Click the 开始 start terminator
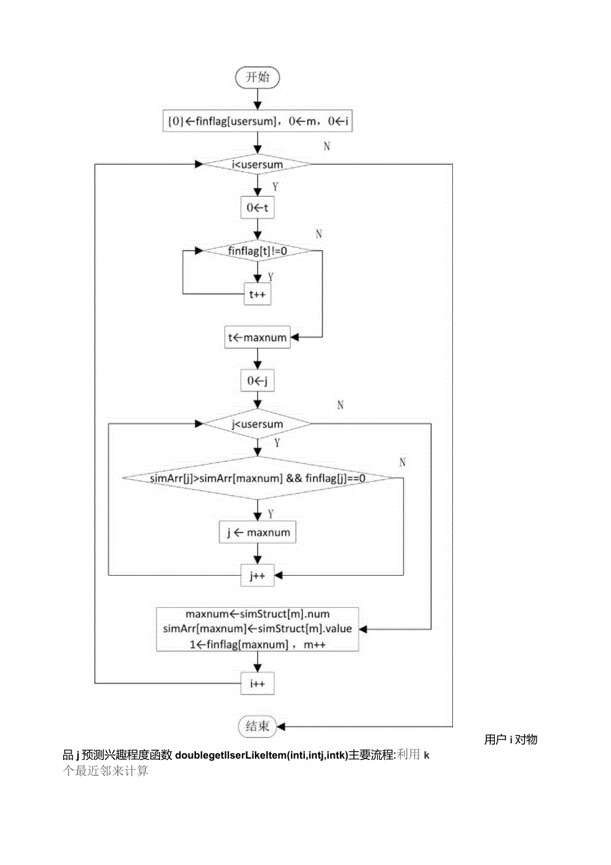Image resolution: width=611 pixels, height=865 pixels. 258,77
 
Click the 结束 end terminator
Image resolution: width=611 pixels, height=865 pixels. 258,726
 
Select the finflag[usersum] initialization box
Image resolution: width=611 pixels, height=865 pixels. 258,122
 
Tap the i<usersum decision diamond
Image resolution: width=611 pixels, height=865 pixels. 258,164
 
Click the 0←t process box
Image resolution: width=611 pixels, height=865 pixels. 258,207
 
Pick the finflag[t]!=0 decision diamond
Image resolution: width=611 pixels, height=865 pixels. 257,251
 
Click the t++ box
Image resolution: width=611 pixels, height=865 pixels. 258,294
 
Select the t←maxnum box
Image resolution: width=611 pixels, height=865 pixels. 258,337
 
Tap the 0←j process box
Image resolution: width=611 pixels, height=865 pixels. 258,381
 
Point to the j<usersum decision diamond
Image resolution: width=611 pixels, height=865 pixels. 258,424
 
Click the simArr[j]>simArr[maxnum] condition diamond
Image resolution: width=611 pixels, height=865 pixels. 258,478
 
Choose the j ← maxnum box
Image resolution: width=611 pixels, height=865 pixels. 258,533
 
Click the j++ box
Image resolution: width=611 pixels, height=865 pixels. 258,576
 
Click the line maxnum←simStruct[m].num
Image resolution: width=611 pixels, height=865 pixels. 258,614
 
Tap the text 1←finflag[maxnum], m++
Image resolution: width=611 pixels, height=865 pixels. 258,644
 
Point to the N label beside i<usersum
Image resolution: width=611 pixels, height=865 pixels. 326,146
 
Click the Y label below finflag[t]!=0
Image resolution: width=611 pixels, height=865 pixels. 270,276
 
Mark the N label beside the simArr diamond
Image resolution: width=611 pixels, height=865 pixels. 402,462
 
